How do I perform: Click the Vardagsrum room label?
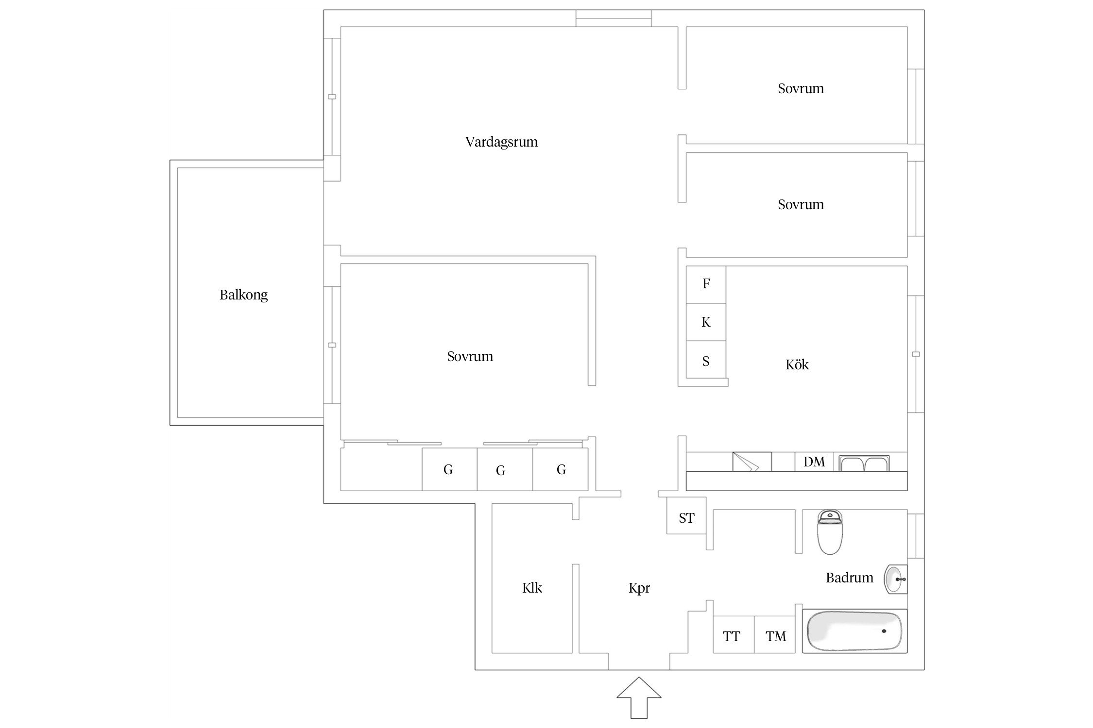click(501, 142)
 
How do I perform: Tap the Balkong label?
click(243, 295)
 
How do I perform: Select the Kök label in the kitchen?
click(797, 364)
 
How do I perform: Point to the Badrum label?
click(849, 578)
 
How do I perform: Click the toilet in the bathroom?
click(830, 532)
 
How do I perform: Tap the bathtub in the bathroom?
click(854, 631)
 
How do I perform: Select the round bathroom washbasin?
click(895, 579)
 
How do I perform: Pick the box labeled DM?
click(814, 462)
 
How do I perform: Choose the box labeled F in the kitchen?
click(706, 284)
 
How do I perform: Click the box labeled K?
click(706, 322)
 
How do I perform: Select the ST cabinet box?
click(686, 516)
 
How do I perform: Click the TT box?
click(734, 635)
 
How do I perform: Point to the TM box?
click(775, 635)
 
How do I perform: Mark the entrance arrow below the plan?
click(639, 697)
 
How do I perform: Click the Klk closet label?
click(532, 588)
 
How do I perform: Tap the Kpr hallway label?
click(639, 588)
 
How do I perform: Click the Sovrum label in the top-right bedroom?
click(801, 88)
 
